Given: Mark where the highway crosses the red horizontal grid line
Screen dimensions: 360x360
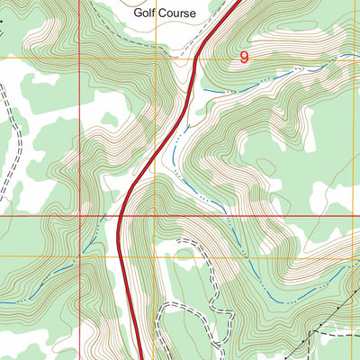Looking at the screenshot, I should pos(121,217).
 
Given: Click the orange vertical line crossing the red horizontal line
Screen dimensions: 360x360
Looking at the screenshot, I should pos(155,217).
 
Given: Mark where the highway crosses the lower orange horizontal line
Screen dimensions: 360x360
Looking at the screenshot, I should pos(121,256).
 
